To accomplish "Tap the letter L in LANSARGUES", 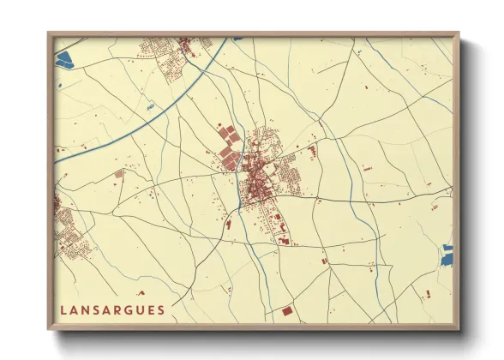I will pos(64,309).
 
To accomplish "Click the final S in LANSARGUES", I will pos(161,309).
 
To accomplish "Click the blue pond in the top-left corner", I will pos(65,59).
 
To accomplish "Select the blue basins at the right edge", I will pos(447,254).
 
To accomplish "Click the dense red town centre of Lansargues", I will pos(255,180).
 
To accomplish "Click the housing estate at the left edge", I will pos(65,225).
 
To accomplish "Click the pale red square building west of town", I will pos(119,173).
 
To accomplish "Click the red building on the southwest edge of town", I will pos(228,225).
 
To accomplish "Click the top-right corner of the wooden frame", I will pos(457,35).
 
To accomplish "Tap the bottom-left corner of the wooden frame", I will pos(50,328).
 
